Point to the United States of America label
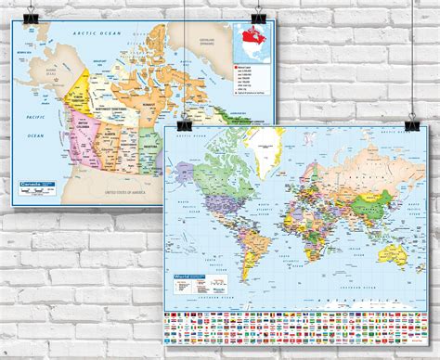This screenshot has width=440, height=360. pos(130,190)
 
